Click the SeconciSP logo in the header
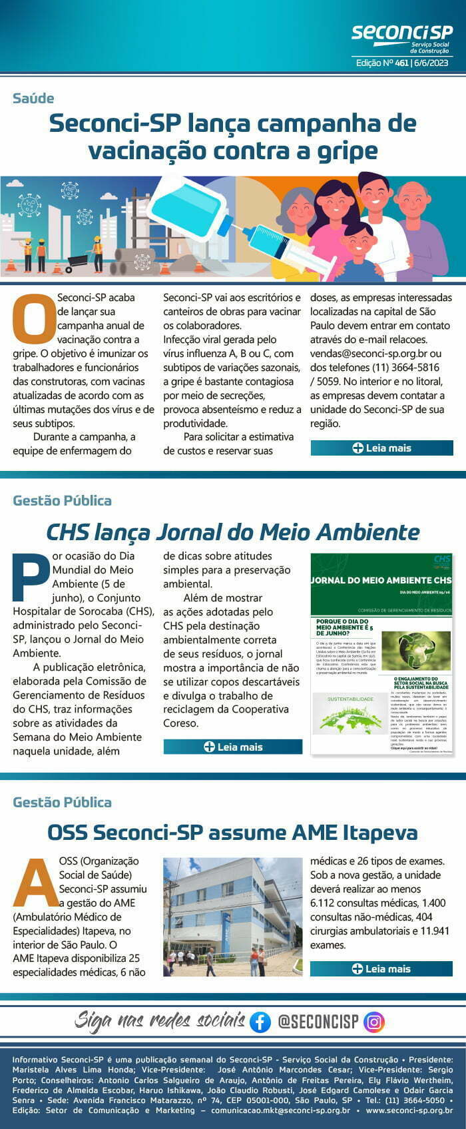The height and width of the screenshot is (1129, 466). [x=401, y=37]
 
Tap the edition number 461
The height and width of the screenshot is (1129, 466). [x=401, y=63]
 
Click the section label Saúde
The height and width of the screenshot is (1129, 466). [x=33, y=99]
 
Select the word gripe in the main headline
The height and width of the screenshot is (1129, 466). [x=346, y=151]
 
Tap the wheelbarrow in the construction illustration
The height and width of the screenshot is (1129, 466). [x=78, y=260]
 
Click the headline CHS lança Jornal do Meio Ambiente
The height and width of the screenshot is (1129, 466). [x=233, y=532]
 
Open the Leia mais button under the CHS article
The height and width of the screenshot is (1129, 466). [x=233, y=747]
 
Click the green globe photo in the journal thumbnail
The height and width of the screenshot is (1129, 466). [x=415, y=651]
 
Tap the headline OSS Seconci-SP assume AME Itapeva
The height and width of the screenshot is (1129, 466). [x=233, y=832]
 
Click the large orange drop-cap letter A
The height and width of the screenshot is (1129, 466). [x=36, y=883]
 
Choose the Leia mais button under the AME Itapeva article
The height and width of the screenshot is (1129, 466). [x=381, y=968]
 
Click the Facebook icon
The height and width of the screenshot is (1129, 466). [x=260, y=1022]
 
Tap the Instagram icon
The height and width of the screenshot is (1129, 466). [x=374, y=1022]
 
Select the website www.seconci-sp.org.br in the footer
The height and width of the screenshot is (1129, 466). [x=409, y=1110]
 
